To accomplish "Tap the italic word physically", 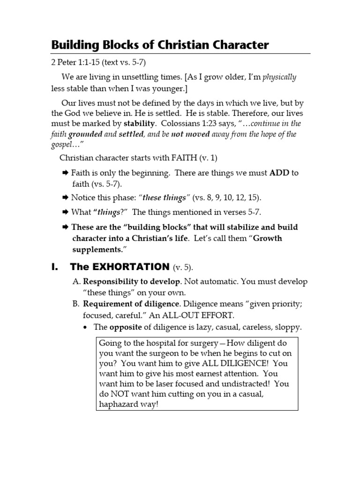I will (x=279, y=77).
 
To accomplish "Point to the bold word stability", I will (x=139, y=124).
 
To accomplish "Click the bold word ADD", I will (x=279, y=172).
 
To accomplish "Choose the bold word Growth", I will (x=268, y=238).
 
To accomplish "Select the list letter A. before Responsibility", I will (x=78, y=282).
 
